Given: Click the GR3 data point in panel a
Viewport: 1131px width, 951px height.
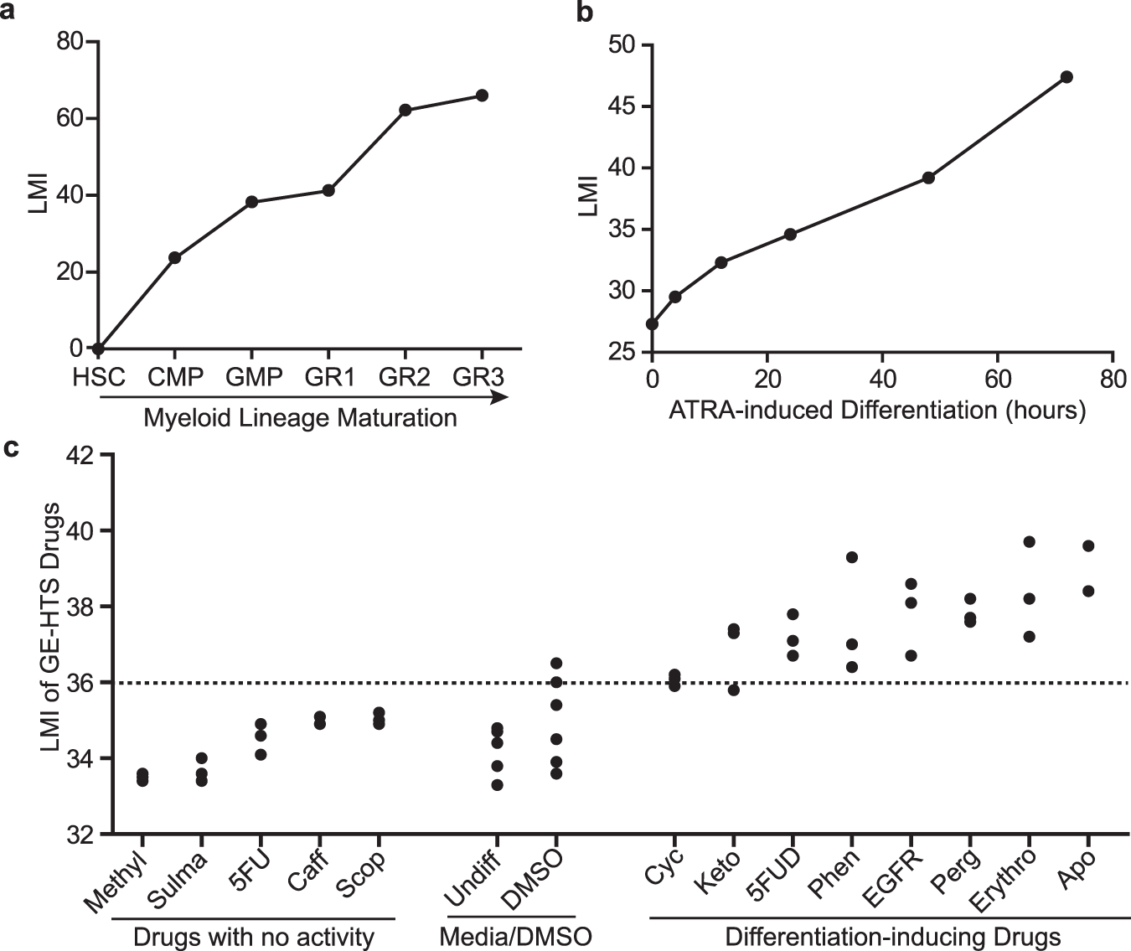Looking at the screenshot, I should (x=482, y=96).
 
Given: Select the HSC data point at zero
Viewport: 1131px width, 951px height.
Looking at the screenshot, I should (x=99, y=349).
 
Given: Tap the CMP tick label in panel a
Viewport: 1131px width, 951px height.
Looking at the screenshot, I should (x=175, y=378).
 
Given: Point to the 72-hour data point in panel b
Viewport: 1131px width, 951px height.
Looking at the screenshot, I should (x=1066, y=77).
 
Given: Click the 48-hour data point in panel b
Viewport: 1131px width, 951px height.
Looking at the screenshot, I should (x=928, y=178).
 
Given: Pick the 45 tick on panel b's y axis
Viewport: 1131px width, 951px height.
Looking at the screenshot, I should (x=622, y=106).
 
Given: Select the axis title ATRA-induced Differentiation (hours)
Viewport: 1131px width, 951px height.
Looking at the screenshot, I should (x=876, y=411).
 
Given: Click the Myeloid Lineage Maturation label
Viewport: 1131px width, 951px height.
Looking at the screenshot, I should (x=300, y=417).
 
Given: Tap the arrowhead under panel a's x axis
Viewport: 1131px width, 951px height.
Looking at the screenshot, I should (x=501, y=397).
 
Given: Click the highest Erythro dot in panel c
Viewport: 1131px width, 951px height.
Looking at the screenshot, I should (x=1029, y=542).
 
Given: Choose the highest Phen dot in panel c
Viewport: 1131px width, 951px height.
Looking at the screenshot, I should (x=852, y=557).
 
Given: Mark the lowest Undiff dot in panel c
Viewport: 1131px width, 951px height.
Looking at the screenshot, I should (x=498, y=785).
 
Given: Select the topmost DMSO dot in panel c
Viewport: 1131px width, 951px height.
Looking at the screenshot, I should (x=556, y=664).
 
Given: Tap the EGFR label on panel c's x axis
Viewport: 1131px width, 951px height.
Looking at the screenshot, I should (x=892, y=878).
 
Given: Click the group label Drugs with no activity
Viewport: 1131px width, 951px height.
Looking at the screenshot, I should (x=253, y=937).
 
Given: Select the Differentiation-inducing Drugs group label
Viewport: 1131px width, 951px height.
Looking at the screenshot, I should (x=893, y=937).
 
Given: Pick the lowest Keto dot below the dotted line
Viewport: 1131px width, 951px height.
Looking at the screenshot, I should (x=734, y=690).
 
